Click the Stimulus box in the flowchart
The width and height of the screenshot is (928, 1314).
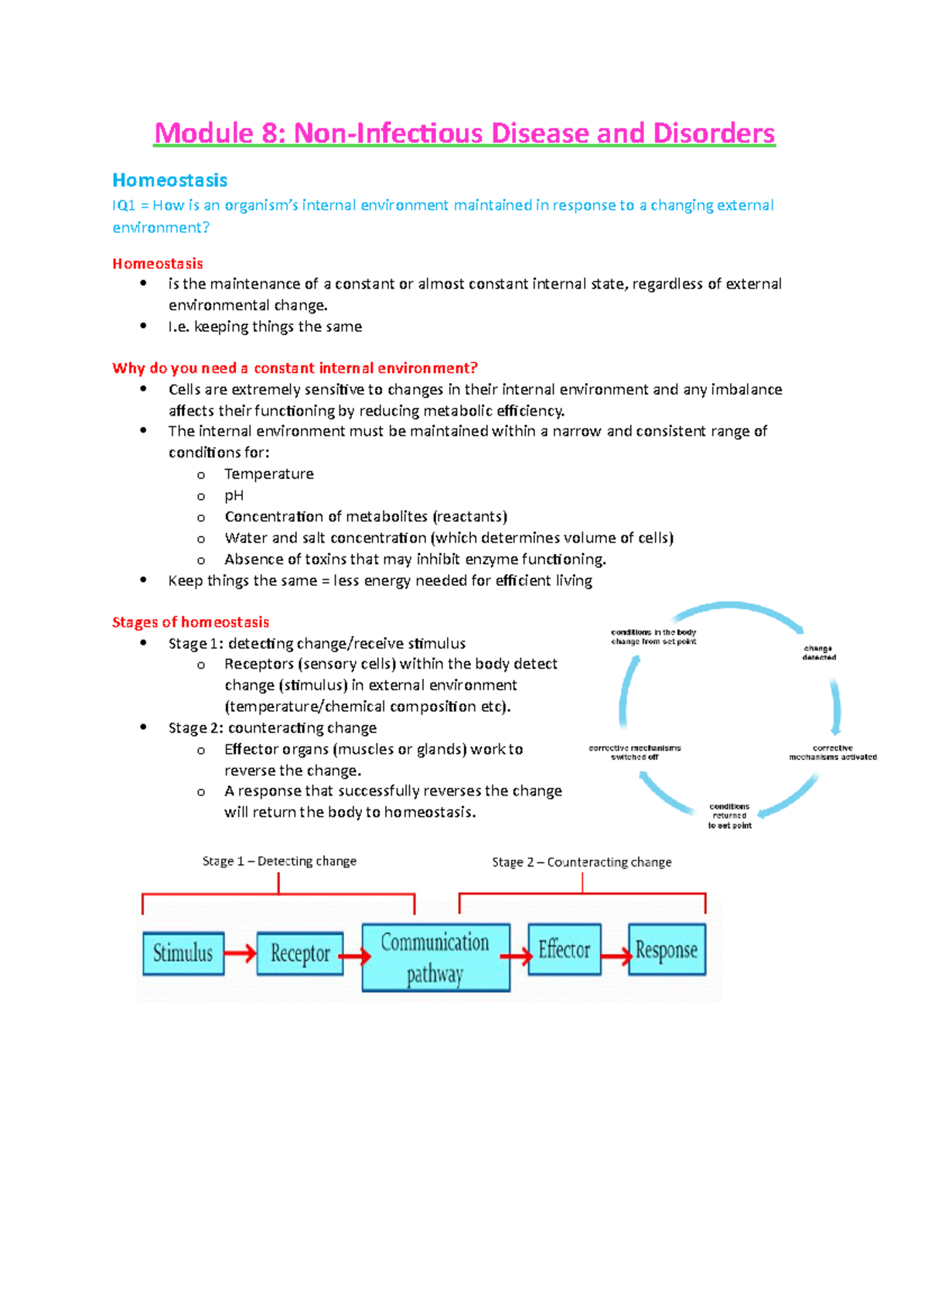(183, 953)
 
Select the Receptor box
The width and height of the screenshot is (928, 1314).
(300, 953)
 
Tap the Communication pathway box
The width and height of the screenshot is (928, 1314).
(435, 957)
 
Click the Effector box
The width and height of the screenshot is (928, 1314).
(565, 950)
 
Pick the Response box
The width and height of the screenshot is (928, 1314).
(667, 950)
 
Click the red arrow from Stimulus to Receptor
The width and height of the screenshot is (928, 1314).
(241, 953)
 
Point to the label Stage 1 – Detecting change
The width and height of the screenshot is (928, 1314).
(279, 861)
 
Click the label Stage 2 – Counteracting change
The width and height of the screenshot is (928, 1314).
(582, 862)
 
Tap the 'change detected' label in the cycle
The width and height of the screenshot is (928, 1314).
(818, 653)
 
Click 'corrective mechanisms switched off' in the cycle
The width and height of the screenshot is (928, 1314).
(635, 752)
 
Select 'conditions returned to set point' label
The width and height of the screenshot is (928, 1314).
(729, 816)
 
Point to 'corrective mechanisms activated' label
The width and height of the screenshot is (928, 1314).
(833, 752)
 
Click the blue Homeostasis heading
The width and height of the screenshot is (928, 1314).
(169, 180)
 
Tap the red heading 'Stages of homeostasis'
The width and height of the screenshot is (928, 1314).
(190, 622)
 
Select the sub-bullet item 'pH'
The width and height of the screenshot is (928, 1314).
(234, 495)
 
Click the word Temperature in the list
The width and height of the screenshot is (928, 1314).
(268, 474)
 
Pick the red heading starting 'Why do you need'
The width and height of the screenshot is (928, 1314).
(295, 368)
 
